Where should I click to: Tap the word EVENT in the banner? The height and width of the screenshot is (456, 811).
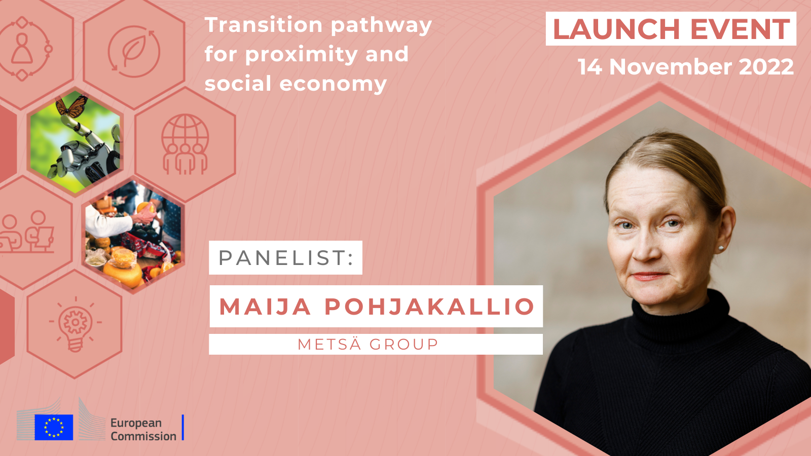(740, 29)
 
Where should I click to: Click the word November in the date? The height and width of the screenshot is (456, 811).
(671, 67)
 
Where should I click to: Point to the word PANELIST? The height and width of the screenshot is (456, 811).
(286, 258)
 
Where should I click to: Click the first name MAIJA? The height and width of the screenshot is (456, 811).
(265, 307)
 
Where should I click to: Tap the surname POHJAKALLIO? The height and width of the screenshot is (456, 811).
(429, 307)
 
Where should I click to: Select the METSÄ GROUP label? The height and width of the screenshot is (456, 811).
(368, 344)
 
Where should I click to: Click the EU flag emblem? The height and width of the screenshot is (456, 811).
(54, 428)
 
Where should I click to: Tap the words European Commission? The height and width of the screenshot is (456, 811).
(143, 429)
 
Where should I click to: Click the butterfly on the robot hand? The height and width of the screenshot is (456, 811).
(72, 106)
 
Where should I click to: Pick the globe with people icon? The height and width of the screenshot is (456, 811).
(185, 144)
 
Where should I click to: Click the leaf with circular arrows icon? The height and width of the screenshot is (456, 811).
(134, 51)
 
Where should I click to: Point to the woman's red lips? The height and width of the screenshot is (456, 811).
(650, 276)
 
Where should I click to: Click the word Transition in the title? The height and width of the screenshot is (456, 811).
(264, 25)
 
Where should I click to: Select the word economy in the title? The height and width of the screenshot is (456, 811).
(333, 84)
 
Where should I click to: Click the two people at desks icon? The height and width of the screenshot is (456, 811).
(27, 232)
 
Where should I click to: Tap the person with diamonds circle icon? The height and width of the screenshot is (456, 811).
(22, 49)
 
